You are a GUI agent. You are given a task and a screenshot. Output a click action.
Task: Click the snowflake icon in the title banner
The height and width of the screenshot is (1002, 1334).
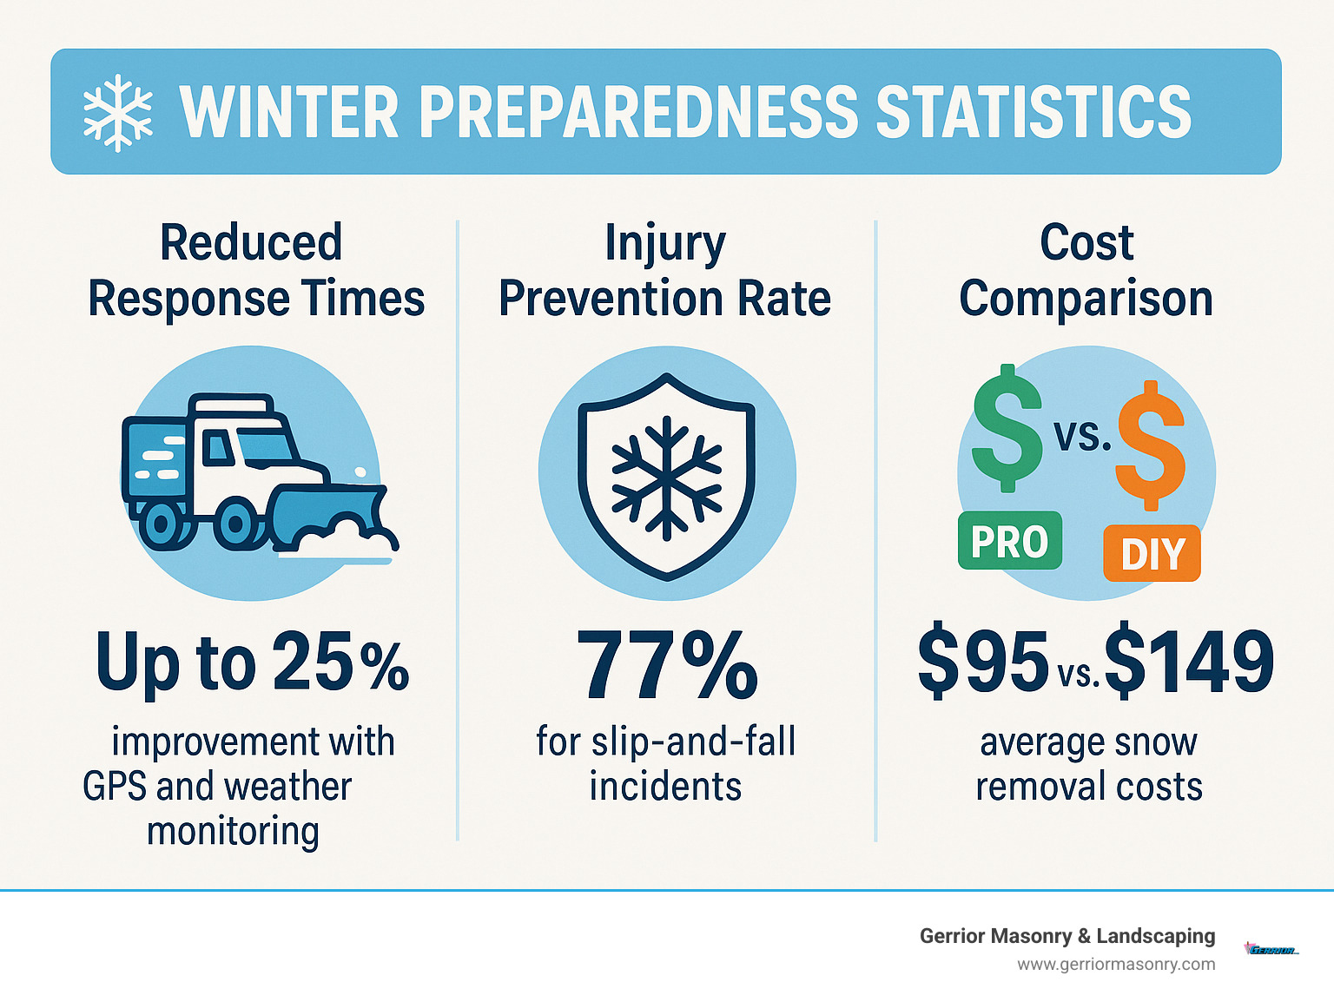point(117,113)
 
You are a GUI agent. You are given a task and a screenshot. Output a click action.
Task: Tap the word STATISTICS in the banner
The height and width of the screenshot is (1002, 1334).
point(1034,113)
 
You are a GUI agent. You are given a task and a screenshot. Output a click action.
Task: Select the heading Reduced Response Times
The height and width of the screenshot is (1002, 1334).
point(255,270)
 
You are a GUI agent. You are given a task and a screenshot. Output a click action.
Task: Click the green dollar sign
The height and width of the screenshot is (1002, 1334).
point(1007,427)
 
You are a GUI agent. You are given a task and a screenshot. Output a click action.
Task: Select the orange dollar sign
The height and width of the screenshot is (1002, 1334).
point(1151,445)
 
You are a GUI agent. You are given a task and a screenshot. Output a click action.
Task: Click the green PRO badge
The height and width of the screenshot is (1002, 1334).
point(1009,541)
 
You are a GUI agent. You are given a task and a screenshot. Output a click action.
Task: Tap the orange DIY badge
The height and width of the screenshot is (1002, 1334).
point(1152,554)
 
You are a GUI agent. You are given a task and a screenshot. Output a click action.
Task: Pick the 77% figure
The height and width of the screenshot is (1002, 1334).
point(666,666)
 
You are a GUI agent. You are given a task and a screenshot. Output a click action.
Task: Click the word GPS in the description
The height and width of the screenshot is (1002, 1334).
point(116,787)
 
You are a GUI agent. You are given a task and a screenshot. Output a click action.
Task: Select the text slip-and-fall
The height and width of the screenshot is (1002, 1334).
point(693,742)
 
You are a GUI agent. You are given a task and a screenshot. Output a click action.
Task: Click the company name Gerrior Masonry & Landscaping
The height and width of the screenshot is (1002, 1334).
point(1067,936)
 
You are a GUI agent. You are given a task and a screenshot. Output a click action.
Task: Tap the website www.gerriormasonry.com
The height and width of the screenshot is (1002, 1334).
point(1116,965)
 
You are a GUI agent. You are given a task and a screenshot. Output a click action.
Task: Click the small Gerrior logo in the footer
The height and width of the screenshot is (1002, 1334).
point(1271,949)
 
